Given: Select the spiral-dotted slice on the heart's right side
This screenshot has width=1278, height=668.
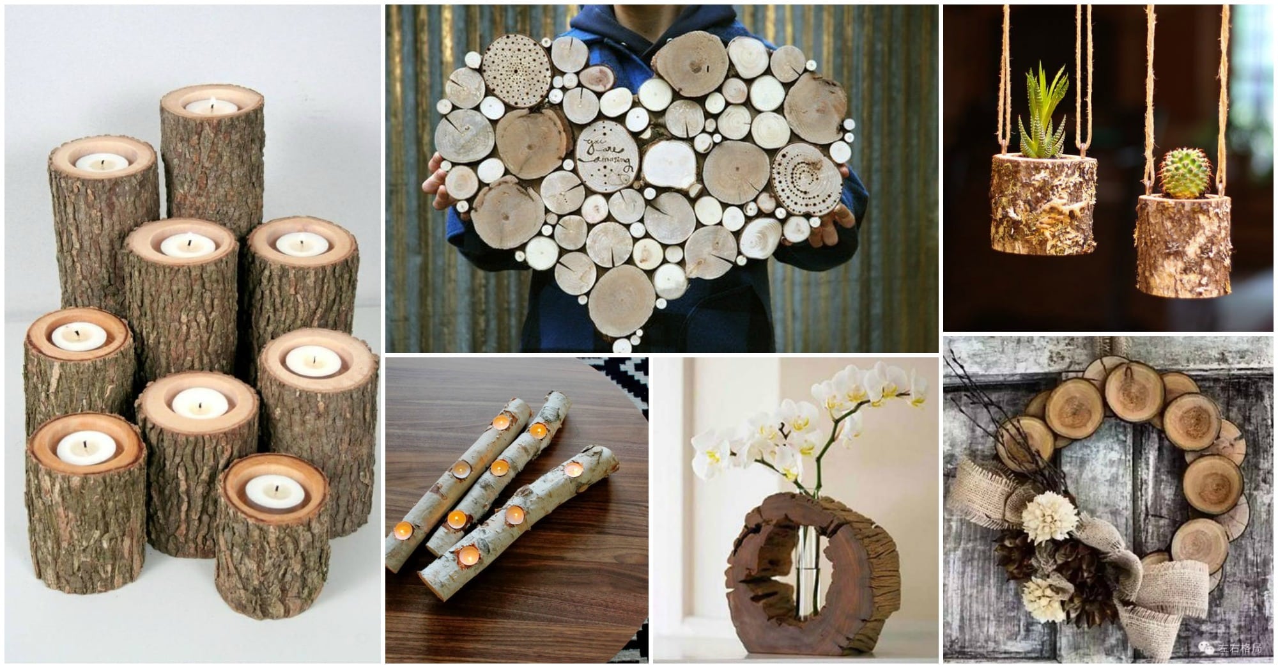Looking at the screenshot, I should click(806, 171).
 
